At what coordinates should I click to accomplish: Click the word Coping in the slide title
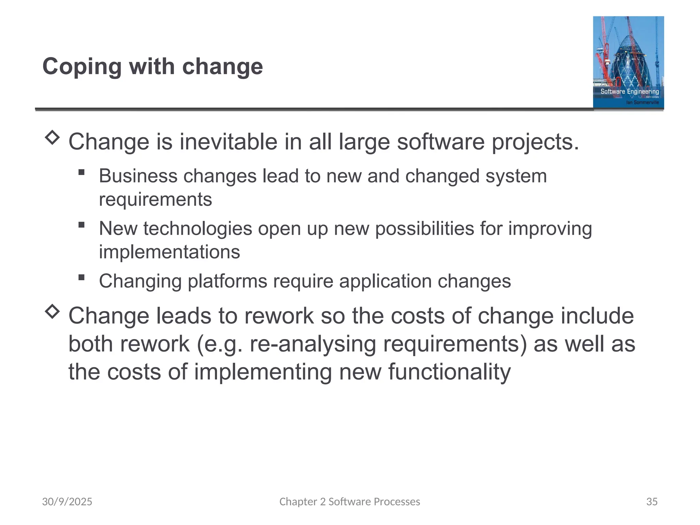(82, 67)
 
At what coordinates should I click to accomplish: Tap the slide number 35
(652, 501)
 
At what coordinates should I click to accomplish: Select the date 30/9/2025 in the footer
(67, 501)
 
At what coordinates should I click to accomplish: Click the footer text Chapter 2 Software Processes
(350, 501)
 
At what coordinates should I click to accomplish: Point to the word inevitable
(228, 142)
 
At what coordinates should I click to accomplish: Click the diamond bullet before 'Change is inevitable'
(52, 137)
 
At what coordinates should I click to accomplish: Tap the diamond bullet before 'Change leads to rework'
(52, 311)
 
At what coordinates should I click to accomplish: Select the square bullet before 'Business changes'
(81, 172)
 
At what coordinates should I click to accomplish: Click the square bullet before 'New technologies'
(81, 225)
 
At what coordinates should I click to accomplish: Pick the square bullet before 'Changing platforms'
(81, 277)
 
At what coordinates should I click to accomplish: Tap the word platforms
(227, 281)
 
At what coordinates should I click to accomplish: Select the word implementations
(169, 252)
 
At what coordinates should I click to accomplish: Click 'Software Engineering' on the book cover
(630, 91)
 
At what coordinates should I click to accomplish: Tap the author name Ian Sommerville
(642, 102)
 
